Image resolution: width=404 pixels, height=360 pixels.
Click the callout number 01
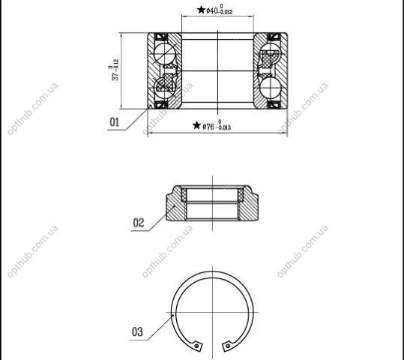coord(115,122)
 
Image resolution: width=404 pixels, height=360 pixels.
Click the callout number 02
coord(139,223)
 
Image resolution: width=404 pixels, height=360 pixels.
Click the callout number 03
coord(137,332)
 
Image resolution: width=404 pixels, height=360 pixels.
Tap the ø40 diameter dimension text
coord(220,10)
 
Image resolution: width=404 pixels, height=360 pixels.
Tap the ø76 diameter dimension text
coord(217,125)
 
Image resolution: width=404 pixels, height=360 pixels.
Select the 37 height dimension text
coord(114,70)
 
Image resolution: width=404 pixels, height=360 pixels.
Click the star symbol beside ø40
coord(201,10)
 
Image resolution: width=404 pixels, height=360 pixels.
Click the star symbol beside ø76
coord(197,125)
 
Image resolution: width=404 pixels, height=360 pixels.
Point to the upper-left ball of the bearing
coord(164,54)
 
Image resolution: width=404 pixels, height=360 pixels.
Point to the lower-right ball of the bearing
coord(270,88)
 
